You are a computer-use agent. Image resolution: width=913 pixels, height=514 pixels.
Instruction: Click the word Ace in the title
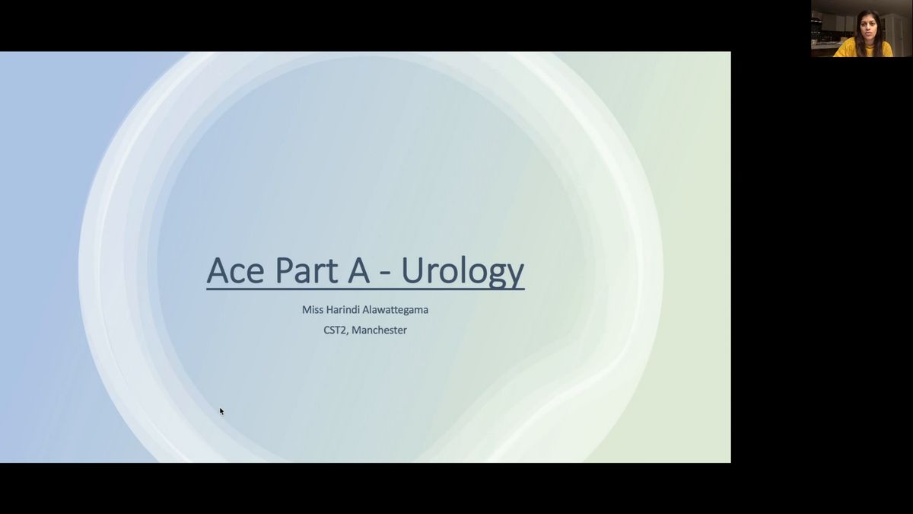[x=235, y=270]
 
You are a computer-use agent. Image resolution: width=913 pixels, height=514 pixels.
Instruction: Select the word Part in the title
[x=307, y=270]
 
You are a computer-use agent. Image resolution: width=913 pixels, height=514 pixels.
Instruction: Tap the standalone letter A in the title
[x=358, y=270]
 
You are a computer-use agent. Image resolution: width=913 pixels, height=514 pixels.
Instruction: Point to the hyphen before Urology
[x=385, y=275]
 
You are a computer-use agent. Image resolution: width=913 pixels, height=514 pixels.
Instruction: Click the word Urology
[x=463, y=271]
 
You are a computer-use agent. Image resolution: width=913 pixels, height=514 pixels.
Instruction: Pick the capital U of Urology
[x=412, y=270]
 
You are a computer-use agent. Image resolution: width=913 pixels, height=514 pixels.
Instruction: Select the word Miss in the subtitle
[x=313, y=310]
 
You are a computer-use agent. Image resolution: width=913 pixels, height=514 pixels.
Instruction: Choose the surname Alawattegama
[x=396, y=311]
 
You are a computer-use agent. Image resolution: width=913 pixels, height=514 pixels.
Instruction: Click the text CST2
[x=335, y=330]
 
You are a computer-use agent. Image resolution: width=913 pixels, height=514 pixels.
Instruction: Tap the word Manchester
[x=379, y=330]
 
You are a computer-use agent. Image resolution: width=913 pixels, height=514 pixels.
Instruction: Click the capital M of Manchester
[x=355, y=330]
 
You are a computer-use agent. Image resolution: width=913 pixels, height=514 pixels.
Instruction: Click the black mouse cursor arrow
[x=221, y=411]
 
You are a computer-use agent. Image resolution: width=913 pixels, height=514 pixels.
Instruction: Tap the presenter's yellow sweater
[x=864, y=49]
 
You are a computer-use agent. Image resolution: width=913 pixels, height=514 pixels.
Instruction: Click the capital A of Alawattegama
[x=366, y=310]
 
